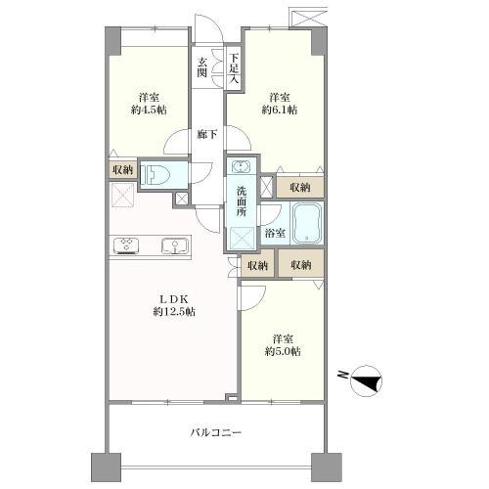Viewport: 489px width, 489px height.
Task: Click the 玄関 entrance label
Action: click(x=202, y=67)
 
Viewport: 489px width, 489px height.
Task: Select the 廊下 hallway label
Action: click(x=207, y=134)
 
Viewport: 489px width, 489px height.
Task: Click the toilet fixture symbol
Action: click(x=155, y=174)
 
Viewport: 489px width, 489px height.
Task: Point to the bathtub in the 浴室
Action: click(x=307, y=223)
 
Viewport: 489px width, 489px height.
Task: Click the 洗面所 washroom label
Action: click(x=242, y=201)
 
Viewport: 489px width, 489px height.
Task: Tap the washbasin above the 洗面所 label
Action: click(x=241, y=166)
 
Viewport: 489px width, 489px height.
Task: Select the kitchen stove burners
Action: click(x=126, y=246)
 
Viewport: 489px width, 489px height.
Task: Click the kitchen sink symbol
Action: click(x=175, y=246)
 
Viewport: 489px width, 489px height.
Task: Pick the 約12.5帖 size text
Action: click(x=174, y=312)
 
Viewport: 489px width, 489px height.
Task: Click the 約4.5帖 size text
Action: click(x=149, y=110)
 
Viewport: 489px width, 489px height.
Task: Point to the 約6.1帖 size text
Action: click(x=280, y=110)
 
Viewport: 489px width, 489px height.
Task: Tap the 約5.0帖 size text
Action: click(x=283, y=351)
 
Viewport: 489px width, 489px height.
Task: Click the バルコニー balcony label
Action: click(x=216, y=433)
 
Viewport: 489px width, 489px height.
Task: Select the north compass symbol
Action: click(x=366, y=380)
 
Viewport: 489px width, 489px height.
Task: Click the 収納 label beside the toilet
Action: click(x=123, y=170)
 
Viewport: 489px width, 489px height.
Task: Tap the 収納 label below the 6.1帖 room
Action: click(x=300, y=188)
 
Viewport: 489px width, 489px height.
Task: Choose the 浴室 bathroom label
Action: click(x=275, y=233)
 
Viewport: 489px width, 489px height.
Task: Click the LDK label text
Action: click(x=173, y=299)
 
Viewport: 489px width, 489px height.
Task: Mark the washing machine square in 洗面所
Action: click(x=243, y=239)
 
